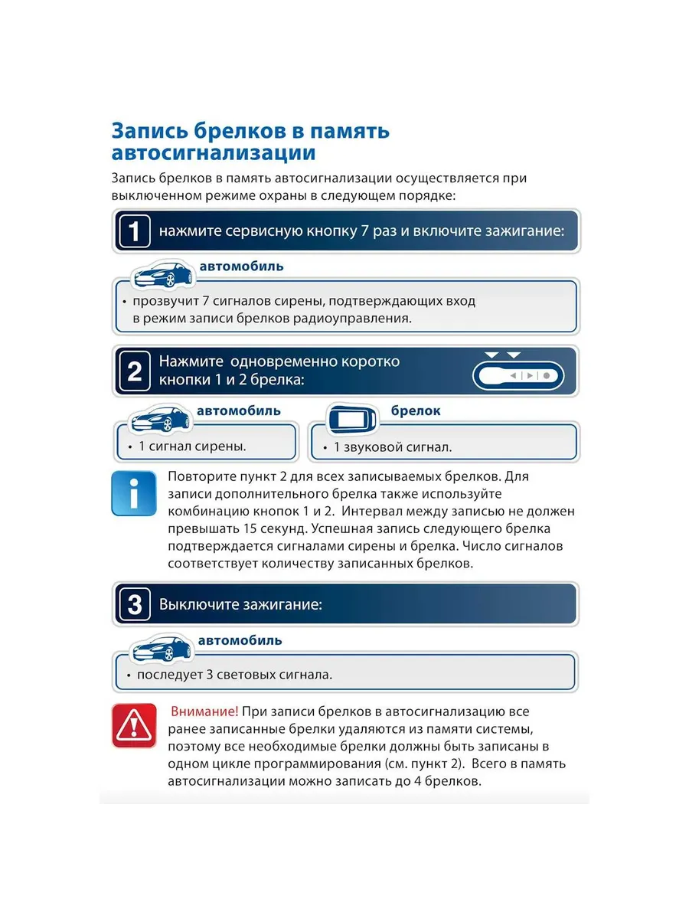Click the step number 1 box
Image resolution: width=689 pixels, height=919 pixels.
click(135, 231)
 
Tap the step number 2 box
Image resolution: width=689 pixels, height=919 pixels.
click(135, 371)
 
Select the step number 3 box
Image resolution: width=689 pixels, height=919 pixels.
click(135, 605)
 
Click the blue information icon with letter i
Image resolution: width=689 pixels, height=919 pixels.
click(135, 494)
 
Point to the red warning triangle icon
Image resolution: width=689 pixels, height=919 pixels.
click(135, 725)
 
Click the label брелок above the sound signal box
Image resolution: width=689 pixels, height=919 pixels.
click(416, 410)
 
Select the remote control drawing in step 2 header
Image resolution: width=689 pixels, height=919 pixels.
click(518, 375)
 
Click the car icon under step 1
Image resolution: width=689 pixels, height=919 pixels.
click(163, 274)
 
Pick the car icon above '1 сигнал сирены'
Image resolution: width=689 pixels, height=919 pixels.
click(161, 419)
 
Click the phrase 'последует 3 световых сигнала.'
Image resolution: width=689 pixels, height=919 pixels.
click(234, 675)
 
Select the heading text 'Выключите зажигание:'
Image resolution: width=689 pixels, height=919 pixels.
click(240, 604)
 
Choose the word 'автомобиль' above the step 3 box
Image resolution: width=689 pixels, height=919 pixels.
click(240, 640)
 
